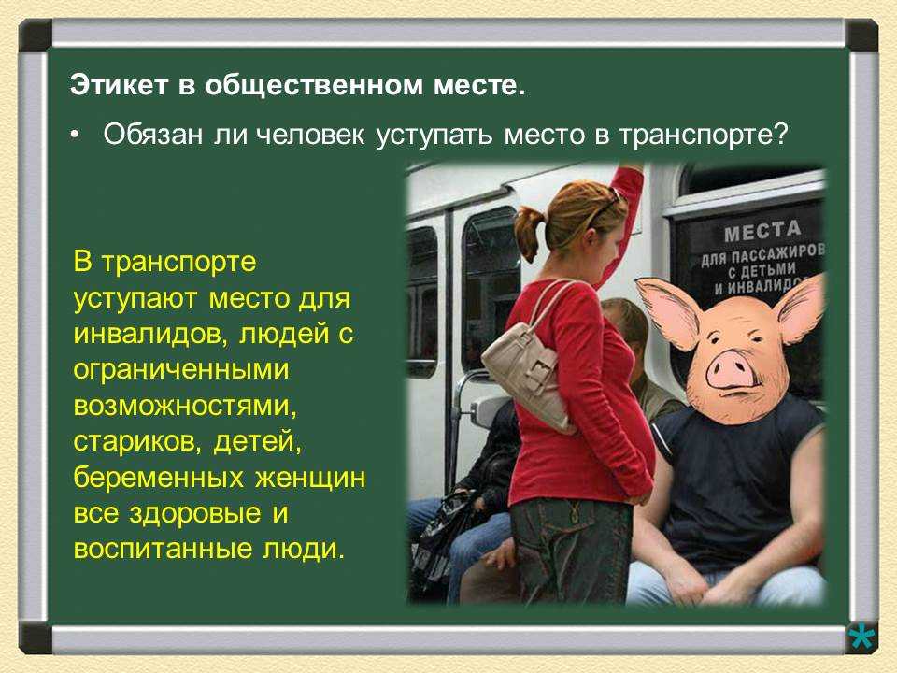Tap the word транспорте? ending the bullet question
click(x=704, y=136)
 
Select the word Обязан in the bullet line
click(x=152, y=135)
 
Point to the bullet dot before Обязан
click(x=75, y=136)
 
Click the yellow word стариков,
click(x=137, y=442)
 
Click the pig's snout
click(x=730, y=370)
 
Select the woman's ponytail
click(x=529, y=232)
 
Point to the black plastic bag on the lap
click(x=437, y=538)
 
